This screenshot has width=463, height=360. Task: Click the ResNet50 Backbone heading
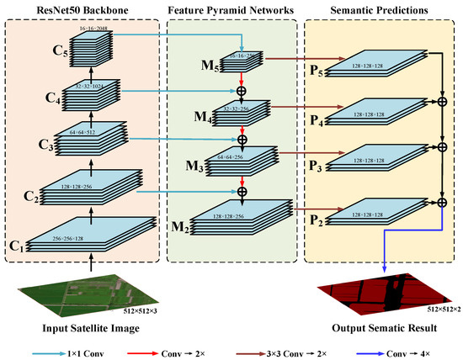click(x=84, y=8)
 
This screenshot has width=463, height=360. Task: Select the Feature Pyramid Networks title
click(x=231, y=8)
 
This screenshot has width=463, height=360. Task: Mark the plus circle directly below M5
click(x=242, y=90)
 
